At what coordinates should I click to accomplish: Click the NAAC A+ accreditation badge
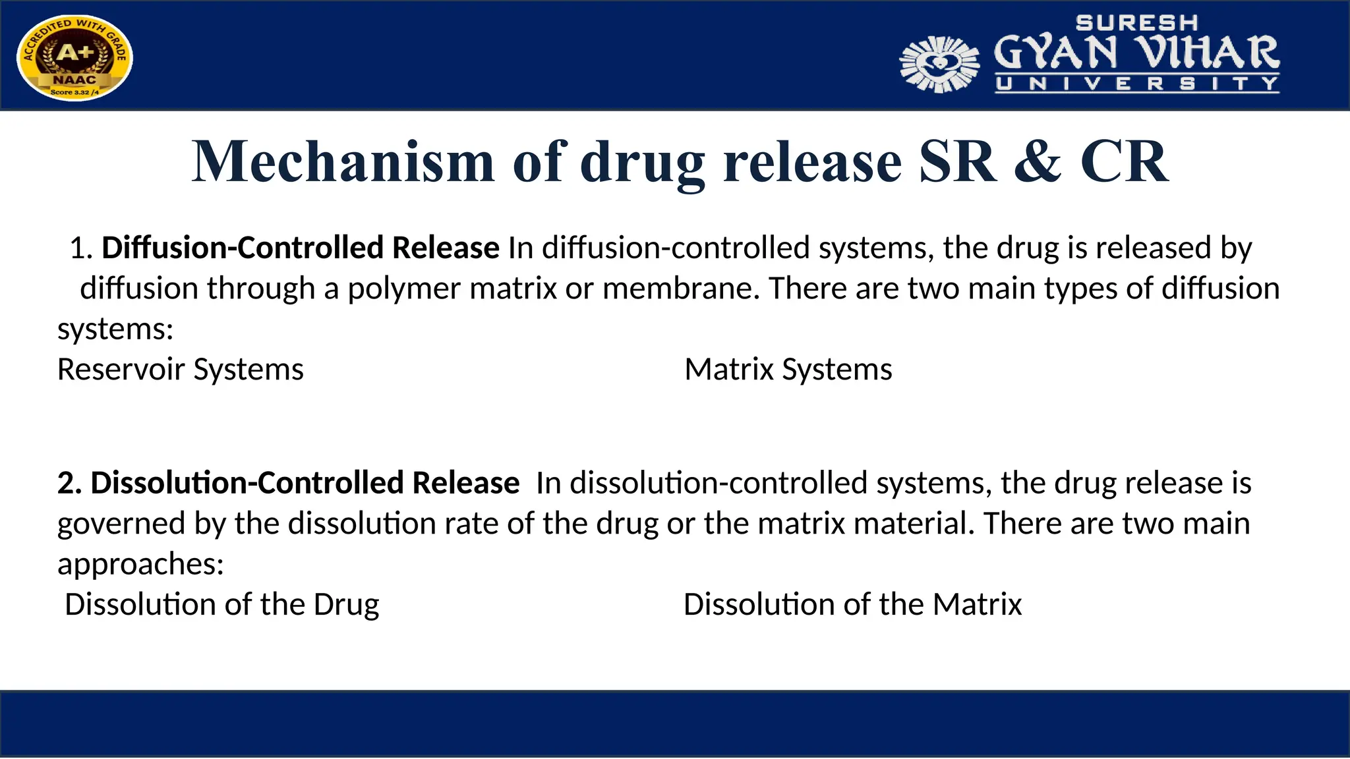click(x=74, y=57)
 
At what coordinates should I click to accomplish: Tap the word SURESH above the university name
click(x=1136, y=23)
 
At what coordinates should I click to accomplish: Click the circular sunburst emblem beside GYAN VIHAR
click(x=939, y=64)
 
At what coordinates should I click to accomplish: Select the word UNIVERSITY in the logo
click(x=1137, y=84)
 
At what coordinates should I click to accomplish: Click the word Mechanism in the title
click(x=343, y=162)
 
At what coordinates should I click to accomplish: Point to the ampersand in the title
click(x=1038, y=162)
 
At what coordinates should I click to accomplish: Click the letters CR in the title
click(x=1124, y=162)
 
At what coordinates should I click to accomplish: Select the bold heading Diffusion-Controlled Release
click(x=300, y=248)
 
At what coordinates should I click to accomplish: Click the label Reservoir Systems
click(x=181, y=370)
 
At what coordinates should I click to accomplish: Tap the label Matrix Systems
click(x=788, y=370)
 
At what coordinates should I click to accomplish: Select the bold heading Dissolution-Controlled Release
click(x=288, y=483)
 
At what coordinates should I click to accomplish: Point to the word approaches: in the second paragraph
click(x=140, y=565)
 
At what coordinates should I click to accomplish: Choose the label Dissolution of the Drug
click(x=221, y=605)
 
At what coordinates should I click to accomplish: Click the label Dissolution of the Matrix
click(x=852, y=605)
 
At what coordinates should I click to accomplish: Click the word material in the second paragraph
click(x=913, y=524)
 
